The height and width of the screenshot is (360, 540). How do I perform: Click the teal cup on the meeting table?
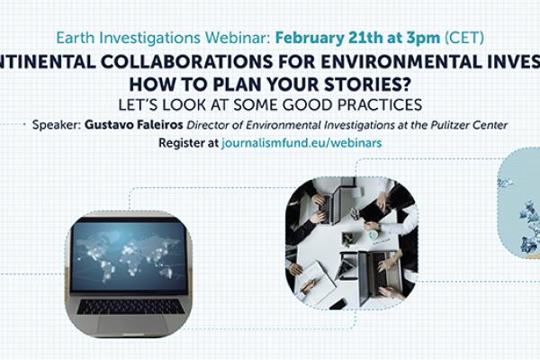point(373,236)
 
